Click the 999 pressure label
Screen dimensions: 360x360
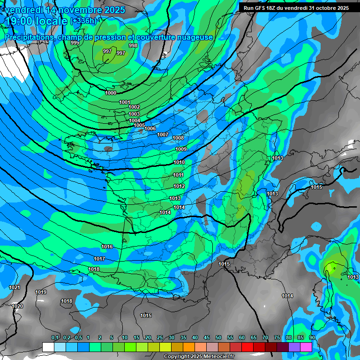pyautogui.click(x=75, y=43)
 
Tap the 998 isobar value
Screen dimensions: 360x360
pyautogui.click(x=133, y=45)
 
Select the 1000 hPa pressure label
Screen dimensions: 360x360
pyautogui.click(x=111, y=93)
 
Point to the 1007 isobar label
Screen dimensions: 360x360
pyautogui.click(x=163, y=135)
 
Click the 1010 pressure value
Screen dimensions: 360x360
pyautogui.click(x=179, y=162)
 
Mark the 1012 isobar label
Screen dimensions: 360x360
pyautogui.click(x=179, y=186)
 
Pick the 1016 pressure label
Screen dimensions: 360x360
pyautogui.click(x=107, y=247)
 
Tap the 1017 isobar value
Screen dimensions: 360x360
pyautogui.click(x=99, y=259)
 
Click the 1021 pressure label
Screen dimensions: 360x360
pyautogui.click(x=15, y=287)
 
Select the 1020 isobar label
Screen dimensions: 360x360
pyautogui.click(x=17, y=306)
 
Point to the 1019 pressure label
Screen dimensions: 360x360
pyautogui.click(x=41, y=292)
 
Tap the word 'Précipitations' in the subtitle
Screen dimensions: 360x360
pyautogui.click(x=28, y=37)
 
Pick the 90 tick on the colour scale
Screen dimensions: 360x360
pyautogui.click(x=312, y=337)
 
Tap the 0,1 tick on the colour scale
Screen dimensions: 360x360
pyautogui.click(x=55, y=337)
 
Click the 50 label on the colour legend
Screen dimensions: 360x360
pyautogui.click(x=218, y=337)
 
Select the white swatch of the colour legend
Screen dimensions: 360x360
pyautogui.click(x=48, y=347)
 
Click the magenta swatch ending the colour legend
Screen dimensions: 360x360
pyautogui.click(x=306, y=347)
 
